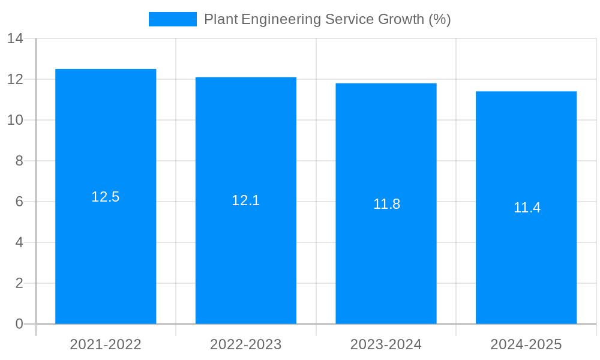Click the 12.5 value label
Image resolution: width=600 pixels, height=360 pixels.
click(x=106, y=197)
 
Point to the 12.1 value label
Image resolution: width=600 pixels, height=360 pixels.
click(x=246, y=200)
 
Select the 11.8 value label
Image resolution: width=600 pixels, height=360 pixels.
click(x=386, y=204)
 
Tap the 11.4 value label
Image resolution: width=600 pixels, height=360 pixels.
click(x=527, y=208)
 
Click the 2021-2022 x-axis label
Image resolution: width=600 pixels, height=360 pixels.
click(x=106, y=344)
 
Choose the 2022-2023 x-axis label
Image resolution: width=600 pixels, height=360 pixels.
click(x=246, y=344)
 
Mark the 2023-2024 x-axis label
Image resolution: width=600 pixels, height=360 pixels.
click(x=386, y=344)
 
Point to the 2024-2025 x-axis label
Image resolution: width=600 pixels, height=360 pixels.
click(x=526, y=344)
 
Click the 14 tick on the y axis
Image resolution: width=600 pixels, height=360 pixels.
click(x=15, y=39)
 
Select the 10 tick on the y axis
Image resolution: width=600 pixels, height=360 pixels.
click(x=15, y=120)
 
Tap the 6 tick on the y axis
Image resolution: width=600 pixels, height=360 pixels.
click(x=19, y=202)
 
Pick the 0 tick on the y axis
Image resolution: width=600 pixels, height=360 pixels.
click(x=19, y=324)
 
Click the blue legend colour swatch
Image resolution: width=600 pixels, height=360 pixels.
click(x=173, y=19)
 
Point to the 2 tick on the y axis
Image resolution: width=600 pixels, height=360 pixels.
click(x=19, y=283)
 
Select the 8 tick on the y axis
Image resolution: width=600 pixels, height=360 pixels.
click(x=19, y=161)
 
